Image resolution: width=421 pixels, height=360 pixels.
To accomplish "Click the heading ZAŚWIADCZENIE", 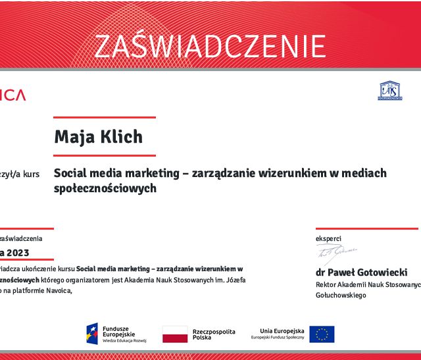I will [x=210, y=46].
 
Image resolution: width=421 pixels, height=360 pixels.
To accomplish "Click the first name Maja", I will [x=72, y=137].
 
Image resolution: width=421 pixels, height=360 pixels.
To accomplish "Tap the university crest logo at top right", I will [x=389, y=91].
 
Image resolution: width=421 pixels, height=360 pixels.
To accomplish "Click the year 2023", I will [x=18, y=253].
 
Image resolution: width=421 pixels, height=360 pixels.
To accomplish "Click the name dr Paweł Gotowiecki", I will [x=362, y=272].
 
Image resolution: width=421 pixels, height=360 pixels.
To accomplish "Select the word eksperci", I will [x=329, y=238].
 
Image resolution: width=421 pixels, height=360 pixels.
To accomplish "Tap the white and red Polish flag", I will [x=175, y=334].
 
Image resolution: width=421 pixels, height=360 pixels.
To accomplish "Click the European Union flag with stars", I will [x=322, y=334].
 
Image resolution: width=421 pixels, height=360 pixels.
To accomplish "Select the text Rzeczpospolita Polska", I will [x=212, y=334].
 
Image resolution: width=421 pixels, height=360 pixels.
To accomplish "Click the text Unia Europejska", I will [x=282, y=330].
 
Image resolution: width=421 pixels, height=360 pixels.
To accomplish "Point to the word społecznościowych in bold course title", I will [x=104, y=188].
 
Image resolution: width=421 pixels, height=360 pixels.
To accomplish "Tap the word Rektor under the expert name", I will [x=327, y=284].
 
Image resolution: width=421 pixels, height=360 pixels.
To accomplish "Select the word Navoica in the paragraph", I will [x=55, y=290].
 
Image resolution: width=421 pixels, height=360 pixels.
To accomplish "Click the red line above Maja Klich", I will [x=105, y=118].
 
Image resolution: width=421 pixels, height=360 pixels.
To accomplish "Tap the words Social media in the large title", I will [x=84, y=173].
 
